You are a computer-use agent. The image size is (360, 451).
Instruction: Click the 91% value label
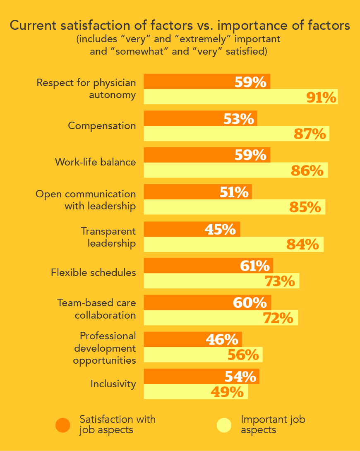point(321,97)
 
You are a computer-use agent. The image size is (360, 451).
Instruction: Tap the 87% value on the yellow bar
point(310,134)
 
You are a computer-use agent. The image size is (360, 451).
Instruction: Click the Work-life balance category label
point(95,162)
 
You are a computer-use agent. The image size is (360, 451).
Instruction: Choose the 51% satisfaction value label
point(234,192)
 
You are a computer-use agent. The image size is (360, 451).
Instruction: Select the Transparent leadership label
point(108,237)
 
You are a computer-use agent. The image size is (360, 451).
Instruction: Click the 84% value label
point(303,245)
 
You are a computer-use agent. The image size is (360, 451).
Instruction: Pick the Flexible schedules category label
point(94,273)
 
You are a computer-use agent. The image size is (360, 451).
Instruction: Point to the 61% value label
point(255,266)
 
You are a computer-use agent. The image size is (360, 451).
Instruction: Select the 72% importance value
point(278,318)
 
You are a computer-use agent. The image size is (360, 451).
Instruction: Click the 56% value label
point(243,355)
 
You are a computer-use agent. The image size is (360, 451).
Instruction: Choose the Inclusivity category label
point(113,384)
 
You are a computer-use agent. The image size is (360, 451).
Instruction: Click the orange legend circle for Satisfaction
point(63,425)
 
